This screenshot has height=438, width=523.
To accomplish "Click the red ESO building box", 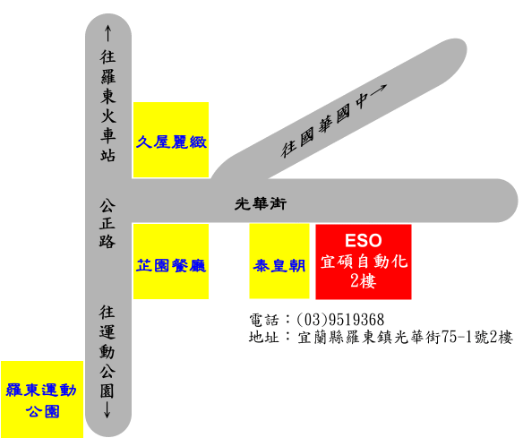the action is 364,262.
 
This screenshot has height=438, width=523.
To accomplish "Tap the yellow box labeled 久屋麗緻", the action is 171,140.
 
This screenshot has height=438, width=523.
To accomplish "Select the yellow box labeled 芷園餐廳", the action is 171,262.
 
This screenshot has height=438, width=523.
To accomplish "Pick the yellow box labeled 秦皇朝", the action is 279,261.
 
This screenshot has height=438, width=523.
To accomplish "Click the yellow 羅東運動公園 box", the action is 42,399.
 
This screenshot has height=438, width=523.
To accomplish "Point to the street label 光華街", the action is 261,203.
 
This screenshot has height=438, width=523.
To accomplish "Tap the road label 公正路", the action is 107,224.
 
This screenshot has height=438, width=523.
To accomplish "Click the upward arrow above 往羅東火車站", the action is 107,33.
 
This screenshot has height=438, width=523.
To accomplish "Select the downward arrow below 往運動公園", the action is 107,409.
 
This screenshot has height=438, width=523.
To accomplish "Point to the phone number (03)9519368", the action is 340,320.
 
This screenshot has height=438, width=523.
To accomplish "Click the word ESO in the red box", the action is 364,241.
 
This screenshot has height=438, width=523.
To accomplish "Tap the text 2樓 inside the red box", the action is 364,280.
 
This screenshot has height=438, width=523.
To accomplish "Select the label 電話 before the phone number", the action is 264,320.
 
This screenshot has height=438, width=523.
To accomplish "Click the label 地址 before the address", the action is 264,337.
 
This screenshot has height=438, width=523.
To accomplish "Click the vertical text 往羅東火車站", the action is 108,106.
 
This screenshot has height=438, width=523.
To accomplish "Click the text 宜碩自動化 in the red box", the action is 364,262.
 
